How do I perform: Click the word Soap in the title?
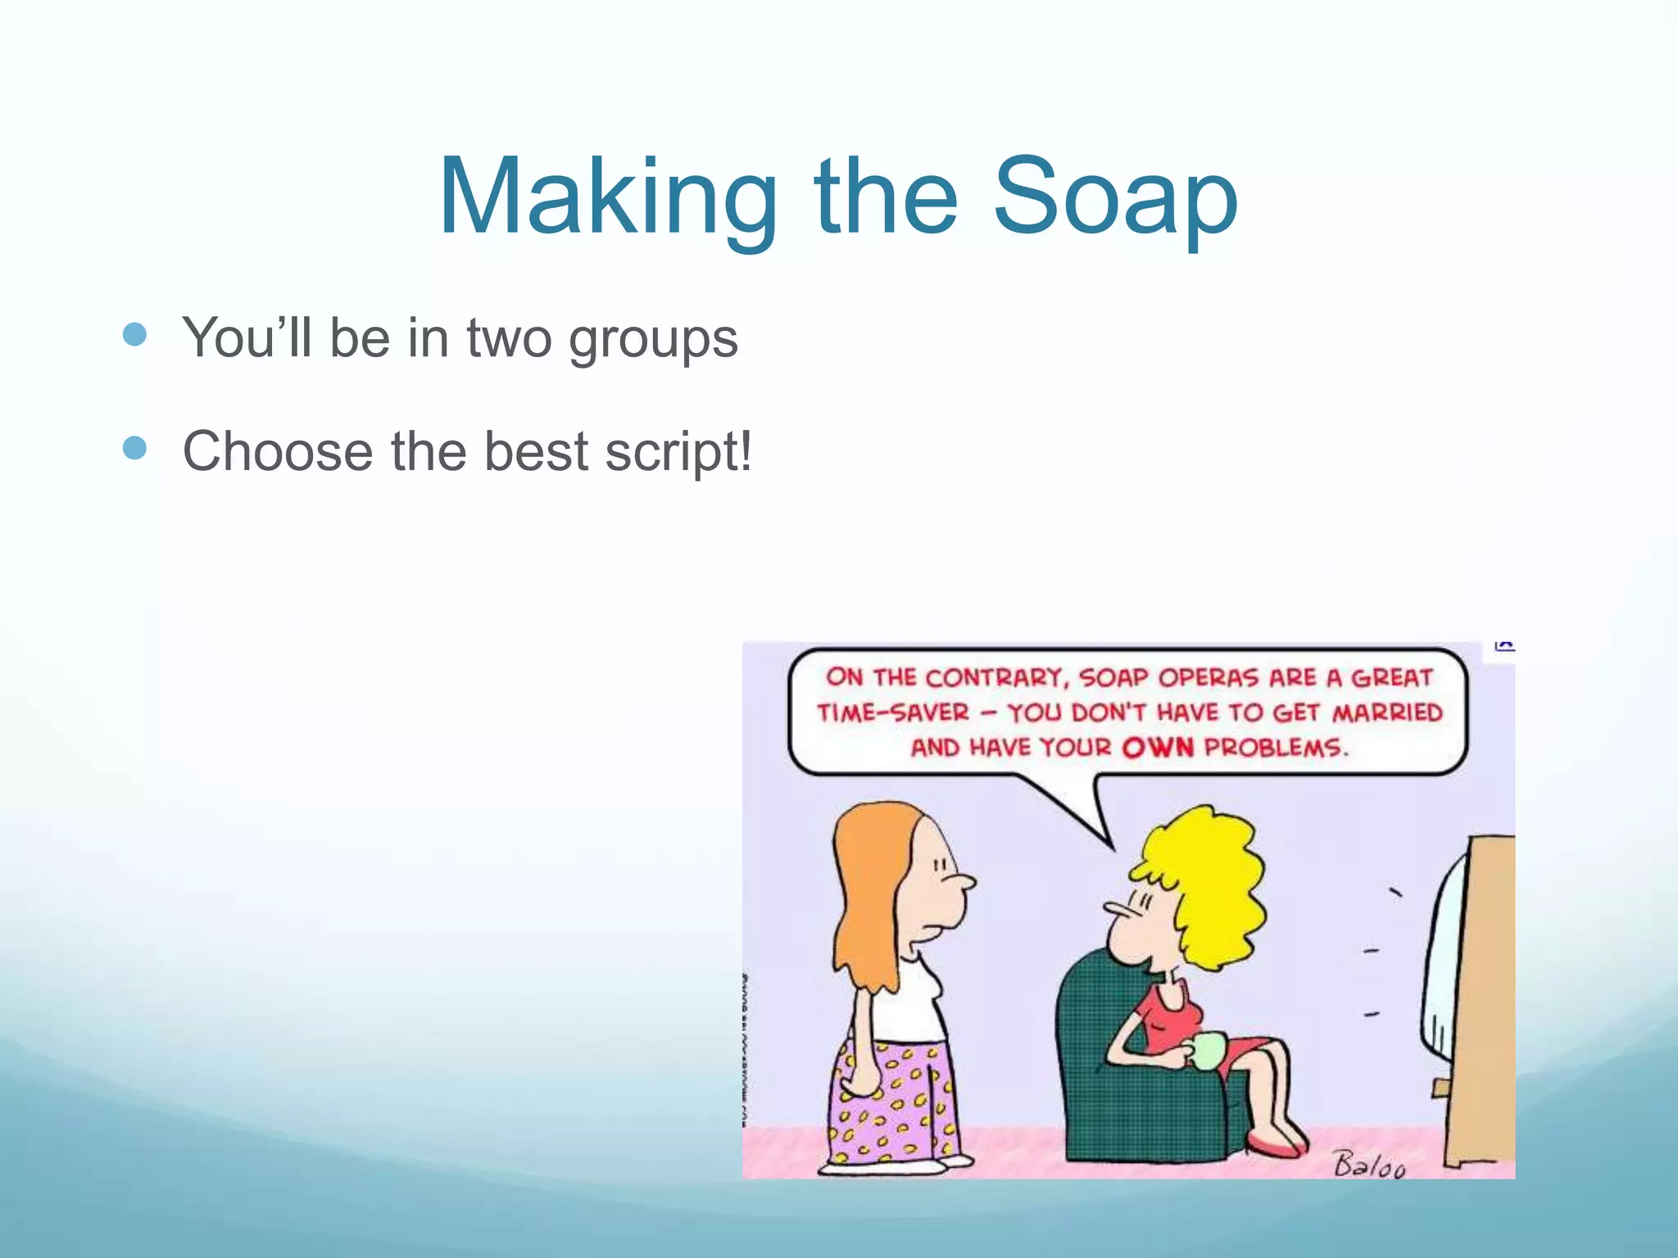coord(1115,198)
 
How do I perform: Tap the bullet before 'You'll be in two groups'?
coord(134,334)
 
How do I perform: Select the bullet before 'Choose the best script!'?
coord(134,448)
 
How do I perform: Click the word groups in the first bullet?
coord(653,338)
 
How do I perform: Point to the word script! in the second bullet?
coord(678,451)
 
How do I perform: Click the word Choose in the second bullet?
coord(277,451)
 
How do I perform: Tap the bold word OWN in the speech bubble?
coord(1158,747)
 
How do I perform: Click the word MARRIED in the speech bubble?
coord(1387,712)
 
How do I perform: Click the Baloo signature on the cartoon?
coord(1369,1164)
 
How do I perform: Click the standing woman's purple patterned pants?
coord(893,1097)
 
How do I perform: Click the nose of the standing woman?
coord(967,883)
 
